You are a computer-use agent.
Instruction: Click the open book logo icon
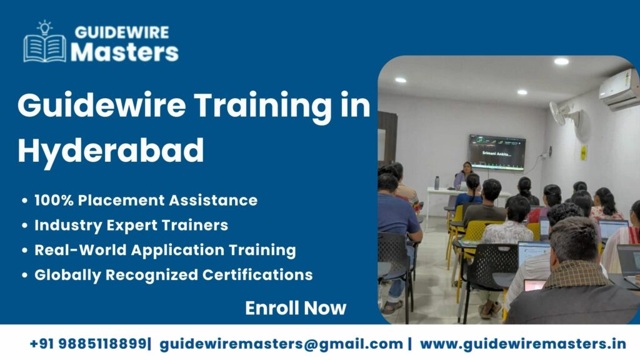[44, 47]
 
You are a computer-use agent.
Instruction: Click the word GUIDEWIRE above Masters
[121, 32]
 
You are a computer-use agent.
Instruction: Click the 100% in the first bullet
[51, 200]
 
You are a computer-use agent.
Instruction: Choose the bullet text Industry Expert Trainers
[131, 225]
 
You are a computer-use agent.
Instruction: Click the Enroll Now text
[295, 307]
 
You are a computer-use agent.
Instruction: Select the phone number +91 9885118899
[89, 344]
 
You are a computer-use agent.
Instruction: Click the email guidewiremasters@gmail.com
[281, 344]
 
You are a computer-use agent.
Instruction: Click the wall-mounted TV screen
[497, 151]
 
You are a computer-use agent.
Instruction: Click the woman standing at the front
[465, 176]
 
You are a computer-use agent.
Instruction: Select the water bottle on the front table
[436, 182]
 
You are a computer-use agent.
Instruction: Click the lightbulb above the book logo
[44, 27]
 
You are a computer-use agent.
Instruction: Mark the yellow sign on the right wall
[584, 152]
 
